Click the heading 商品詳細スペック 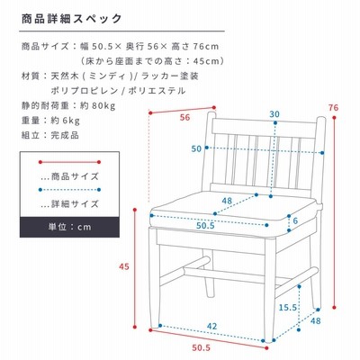pyautogui.click(x=72, y=19)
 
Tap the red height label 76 pyautogui.click(x=333, y=108)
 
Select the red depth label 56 pyautogui.click(x=185, y=117)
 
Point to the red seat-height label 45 pyautogui.click(x=124, y=266)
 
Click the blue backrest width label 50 pyautogui.click(x=196, y=148)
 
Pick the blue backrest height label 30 pyautogui.click(x=274, y=114)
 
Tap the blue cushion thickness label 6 pyautogui.click(x=295, y=220)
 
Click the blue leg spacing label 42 pyautogui.click(x=211, y=326)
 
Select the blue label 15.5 pyautogui.click(x=288, y=308)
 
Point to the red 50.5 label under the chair pyautogui.click(x=202, y=348)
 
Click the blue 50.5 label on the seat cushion pyautogui.click(x=205, y=226)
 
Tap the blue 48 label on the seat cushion pyautogui.click(x=227, y=201)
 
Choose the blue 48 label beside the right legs pyautogui.click(x=316, y=321)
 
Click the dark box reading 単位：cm pyautogui.click(x=69, y=227)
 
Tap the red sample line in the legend pyautogui.click(x=69, y=162)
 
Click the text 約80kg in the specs pyautogui.click(x=98, y=105)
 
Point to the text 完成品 pyautogui.click(x=65, y=135)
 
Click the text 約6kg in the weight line pyautogui.click(x=66, y=121)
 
